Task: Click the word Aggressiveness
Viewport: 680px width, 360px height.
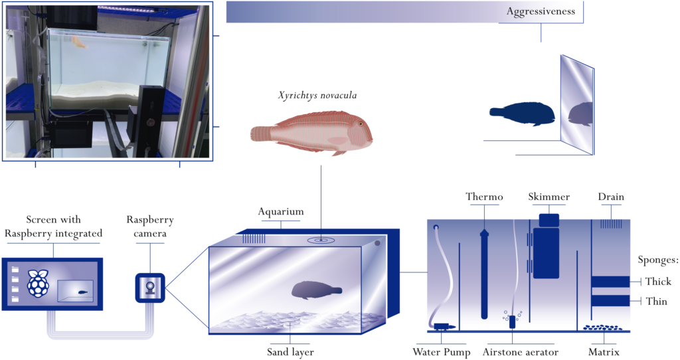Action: coord(541,11)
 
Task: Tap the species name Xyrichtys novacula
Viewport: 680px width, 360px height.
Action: coord(317,96)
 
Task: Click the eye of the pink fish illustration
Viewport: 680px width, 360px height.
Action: coord(361,124)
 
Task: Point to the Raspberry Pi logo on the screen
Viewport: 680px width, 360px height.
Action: coord(39,283)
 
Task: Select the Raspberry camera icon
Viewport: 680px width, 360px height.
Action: coord(150,288)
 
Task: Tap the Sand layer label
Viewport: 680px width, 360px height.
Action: coord(290,352)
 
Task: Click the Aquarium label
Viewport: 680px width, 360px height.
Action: coord(281,212)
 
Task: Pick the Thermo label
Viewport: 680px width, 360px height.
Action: coord(484,197)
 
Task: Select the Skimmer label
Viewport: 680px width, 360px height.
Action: coord(549,197)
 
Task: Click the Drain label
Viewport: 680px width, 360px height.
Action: coord(611,197)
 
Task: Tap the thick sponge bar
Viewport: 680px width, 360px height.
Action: coord(611,282)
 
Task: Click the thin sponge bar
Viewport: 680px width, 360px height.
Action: coord(611,301)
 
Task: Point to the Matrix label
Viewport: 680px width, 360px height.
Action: coord(604,352)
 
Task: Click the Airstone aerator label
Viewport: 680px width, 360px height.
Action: coord(521,352)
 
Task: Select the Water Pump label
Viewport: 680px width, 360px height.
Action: coord(442,352)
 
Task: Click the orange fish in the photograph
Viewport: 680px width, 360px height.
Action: coord(80,42)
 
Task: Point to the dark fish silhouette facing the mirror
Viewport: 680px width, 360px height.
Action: coord(522,114)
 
